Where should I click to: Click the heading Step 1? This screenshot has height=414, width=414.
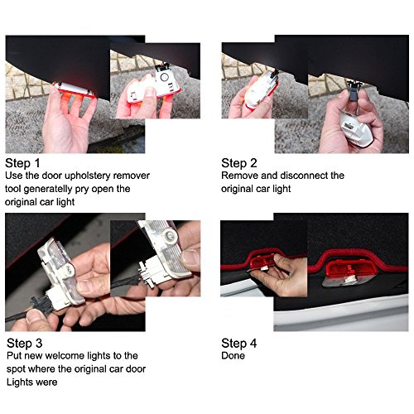pos(22,163)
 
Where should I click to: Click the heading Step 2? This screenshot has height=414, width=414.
pos(239,163)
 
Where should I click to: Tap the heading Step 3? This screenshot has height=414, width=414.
pos(25,344)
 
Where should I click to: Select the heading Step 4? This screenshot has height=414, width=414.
pos(239,344)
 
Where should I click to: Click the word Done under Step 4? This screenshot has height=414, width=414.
pos(233,355)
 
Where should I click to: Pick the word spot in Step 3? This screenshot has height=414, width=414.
pos(16,369)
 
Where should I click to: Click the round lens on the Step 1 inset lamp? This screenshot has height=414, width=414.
pos(165,77)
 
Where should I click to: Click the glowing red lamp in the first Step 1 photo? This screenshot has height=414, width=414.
pos(75,89)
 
